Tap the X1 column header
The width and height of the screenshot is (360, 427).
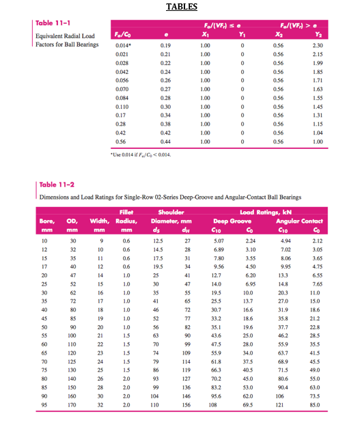pos(205,33)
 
